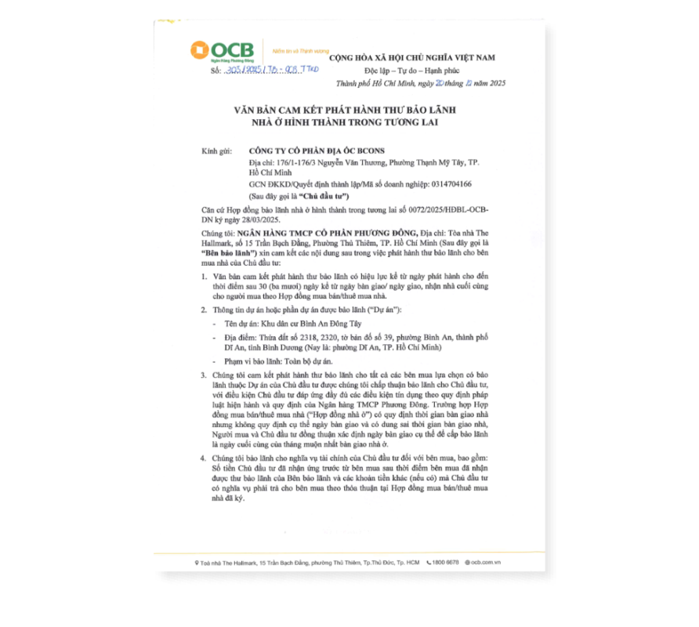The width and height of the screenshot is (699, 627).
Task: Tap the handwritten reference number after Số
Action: coord(270,70)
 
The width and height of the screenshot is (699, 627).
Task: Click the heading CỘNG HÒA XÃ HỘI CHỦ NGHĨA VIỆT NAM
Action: coord(411,58)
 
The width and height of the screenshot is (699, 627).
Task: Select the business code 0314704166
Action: coord(445,183)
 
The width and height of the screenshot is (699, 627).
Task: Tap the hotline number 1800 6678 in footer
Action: coord(447,563)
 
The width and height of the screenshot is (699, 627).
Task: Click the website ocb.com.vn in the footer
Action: coord(485,563)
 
